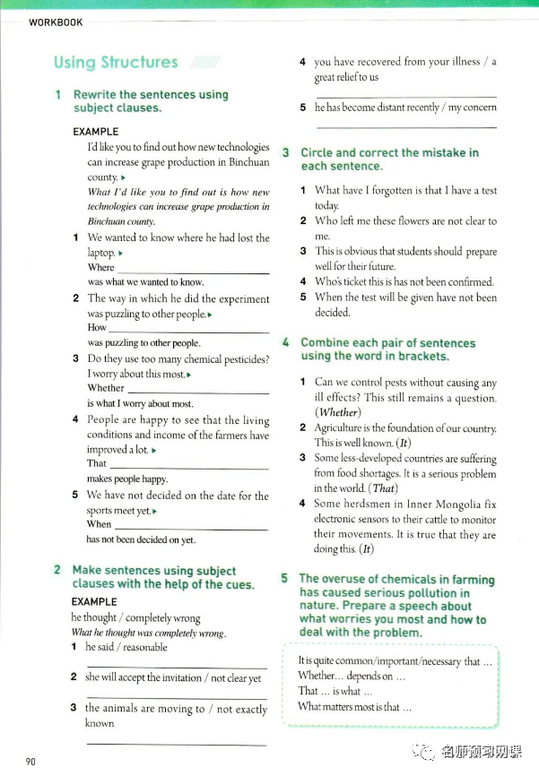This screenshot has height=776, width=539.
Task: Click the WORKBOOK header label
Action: pos(56,22)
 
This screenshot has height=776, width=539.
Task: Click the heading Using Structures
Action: pos(116,62)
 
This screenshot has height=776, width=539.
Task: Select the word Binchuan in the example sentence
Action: pos(249,162)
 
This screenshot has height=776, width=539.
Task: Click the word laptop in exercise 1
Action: pos(101,253)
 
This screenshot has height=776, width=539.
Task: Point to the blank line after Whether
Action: pos(198,392)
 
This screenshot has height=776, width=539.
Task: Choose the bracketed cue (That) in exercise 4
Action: pos(384,488)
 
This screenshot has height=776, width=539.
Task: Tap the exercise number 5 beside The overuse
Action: pos(285,579)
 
